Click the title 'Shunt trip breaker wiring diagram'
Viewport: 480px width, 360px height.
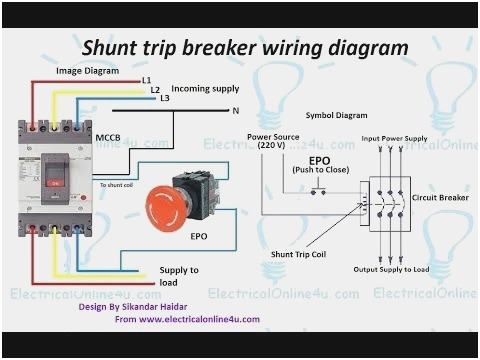[x=245, y=47]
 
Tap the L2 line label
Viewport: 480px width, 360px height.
[x=155, y=89]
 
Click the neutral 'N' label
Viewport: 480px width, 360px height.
[x=236, y=108]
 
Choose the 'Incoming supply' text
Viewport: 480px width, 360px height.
[x=204, y=87]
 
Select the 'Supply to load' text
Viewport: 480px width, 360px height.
[x=179, y=276]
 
